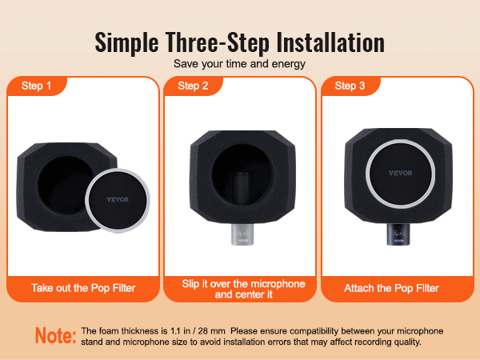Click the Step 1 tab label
[x=36, y=86]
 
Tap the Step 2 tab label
[x=193, y=86]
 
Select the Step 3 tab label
[x=350, y=86]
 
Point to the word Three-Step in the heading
[x=218, y=43]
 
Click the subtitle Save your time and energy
[x=239, y=64]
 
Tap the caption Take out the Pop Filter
[x=83, y=288]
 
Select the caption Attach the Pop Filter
[x=391, y=288]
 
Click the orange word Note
[x=55, y=335]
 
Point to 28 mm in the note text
[x=211, y=331]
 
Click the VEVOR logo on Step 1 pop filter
[x=118, y=199]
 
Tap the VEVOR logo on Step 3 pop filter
[x=401, y=173]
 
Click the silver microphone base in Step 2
[x=242, y=234]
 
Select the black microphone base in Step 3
[x=398, y=234]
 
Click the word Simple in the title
[x=126, y=43]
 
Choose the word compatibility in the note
[x=314, y=331]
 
